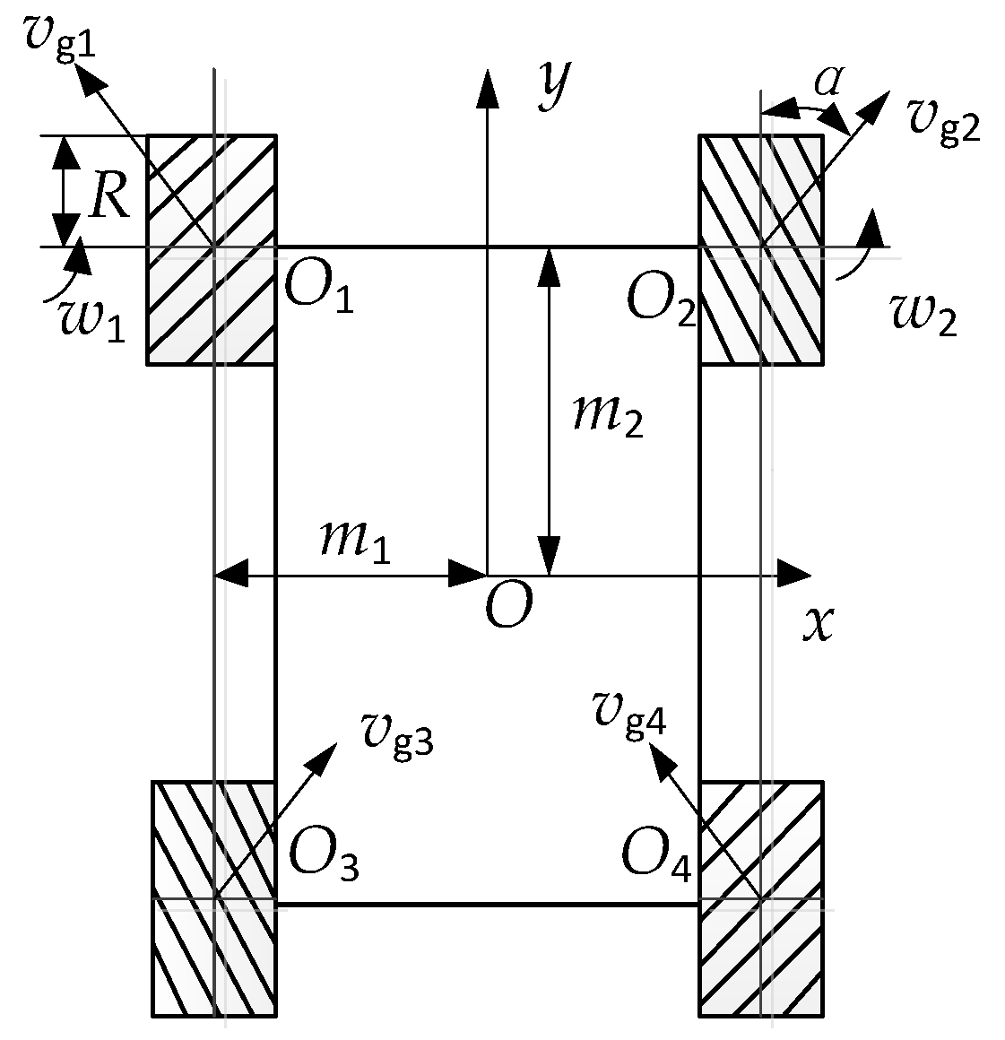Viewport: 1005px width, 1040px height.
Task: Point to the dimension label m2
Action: tap(609, 414)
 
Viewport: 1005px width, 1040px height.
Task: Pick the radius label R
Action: tap(109, 197)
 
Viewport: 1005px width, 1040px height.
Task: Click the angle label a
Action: tap(827, 82)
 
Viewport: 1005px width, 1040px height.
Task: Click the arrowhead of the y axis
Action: tap(488, 86)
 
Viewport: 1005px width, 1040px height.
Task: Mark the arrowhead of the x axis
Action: tap(796, 574)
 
